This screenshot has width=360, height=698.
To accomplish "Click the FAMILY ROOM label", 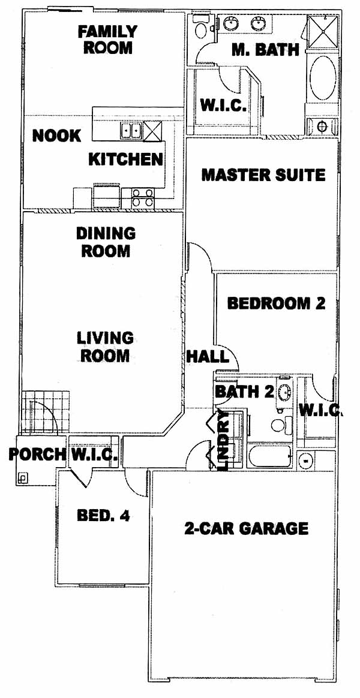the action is click(x=108, y=39).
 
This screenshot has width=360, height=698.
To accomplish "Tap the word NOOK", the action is click(x=56, y=136).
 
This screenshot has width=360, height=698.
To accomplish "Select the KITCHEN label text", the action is click(x=125, y=159).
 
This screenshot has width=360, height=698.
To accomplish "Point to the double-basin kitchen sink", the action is click(x=131, y=131).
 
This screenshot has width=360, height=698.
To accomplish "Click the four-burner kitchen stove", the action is click(x=143, y=197).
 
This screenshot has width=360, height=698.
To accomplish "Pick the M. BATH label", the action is click(x=265, y=49).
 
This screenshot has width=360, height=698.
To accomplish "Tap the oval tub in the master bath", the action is click(x=322, y=77).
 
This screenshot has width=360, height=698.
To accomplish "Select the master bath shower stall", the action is click(x=323, y=31).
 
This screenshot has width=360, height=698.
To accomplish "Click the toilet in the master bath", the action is click(x=201, y=26).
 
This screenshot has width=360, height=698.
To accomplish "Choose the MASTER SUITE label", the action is click(x=263, y=174).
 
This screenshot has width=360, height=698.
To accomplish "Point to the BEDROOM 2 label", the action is click(x=276, y=303).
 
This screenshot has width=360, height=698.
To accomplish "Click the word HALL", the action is click(x=208, y=356).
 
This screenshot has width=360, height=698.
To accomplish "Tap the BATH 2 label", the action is click(x=244, y=392).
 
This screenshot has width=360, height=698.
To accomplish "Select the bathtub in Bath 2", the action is click(x=270, y=456).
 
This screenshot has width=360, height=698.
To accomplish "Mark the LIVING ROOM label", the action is click(x=105, y=347).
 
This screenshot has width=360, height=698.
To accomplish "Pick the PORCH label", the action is click(x=37, y=455).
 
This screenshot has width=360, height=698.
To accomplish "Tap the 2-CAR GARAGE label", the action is click(x=246, y=528).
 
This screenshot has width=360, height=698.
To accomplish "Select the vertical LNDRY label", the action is click(x=224, y=440).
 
